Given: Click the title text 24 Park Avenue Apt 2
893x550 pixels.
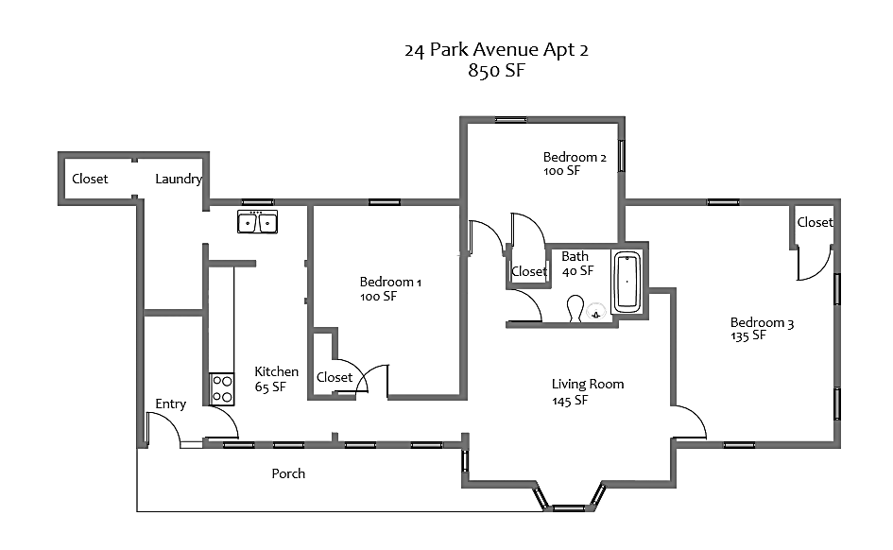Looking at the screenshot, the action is [496, 50].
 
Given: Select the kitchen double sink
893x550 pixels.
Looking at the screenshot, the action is [257, 223].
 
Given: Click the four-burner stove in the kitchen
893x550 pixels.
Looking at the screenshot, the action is [222, 388].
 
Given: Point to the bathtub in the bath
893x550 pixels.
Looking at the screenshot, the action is [627, 282].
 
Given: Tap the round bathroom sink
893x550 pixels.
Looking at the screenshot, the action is [596, 312].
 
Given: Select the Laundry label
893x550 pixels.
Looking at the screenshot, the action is [178, 179].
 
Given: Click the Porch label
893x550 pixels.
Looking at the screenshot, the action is [288, 473].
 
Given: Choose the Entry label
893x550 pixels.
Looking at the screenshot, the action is [171, 404].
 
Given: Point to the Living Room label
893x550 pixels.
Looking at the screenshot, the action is [588, 384].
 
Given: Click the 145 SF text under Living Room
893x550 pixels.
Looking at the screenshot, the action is [571, 401].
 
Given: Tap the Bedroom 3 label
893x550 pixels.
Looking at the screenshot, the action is [762, 322].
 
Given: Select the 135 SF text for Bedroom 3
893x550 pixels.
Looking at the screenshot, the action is [748, 336].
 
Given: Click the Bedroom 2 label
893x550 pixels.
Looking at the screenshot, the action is [575, 157].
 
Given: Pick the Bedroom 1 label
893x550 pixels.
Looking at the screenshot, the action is [390, 282].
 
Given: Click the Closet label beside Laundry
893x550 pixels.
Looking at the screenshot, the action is [90, 179].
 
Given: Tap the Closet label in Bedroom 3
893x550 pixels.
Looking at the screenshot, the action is [815, 222].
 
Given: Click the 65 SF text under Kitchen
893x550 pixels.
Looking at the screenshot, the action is [270, 387].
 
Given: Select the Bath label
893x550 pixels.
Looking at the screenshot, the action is [575, 256].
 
